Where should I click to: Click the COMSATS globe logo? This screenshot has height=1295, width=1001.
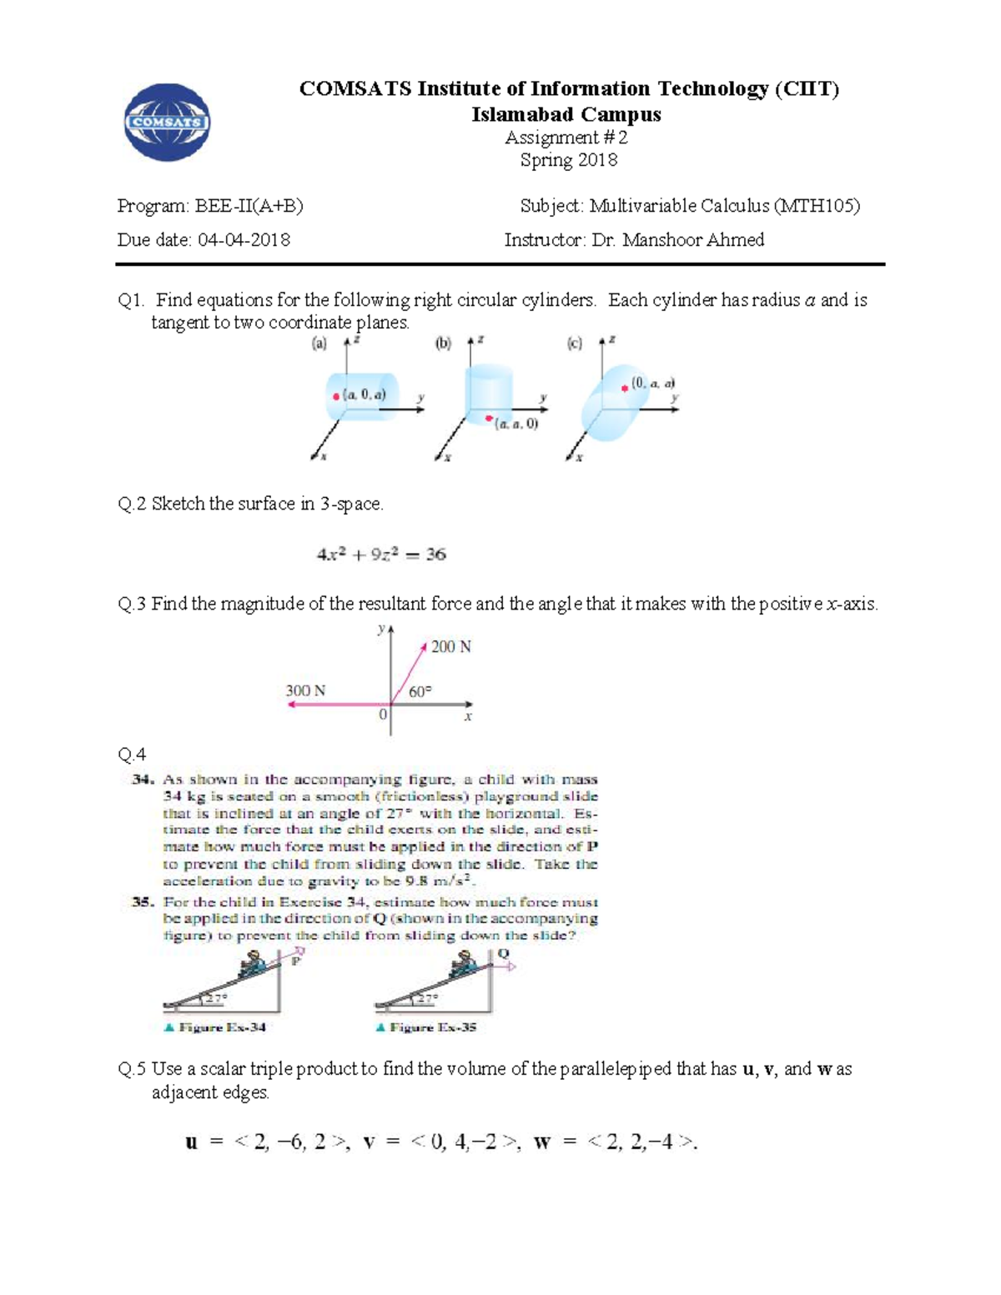coord(167,123)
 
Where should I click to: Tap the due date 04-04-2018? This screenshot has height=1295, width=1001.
coord(244,240)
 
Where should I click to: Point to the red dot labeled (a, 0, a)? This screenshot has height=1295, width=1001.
coord(336,397)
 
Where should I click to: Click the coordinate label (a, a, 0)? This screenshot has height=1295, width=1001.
coord(516,424)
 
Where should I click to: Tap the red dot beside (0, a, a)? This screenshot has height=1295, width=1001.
coord(624,388)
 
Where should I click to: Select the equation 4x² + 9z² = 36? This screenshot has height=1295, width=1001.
coord(381,555)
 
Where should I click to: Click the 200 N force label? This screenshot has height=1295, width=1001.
coord(451,647)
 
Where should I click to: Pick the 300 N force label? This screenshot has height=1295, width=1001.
coord(305,690)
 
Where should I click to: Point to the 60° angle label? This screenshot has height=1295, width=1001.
coord(420,691)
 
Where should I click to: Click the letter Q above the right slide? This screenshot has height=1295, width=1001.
coord(503,954)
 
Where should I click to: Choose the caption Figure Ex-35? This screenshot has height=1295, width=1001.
coord(432,1027)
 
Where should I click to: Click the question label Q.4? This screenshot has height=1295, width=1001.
coord(132,755)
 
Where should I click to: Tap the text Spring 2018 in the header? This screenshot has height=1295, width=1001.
coord(568,160)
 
